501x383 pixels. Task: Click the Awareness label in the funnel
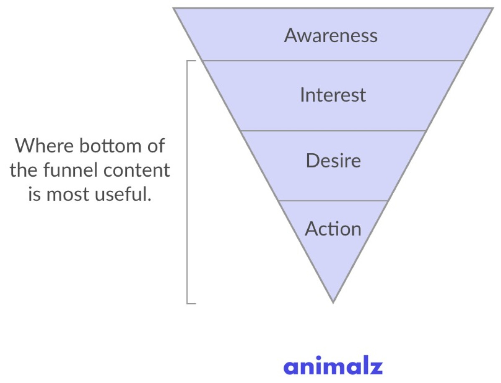(331, 36)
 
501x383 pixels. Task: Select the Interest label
(333, 95)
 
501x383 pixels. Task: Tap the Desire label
(333, 161)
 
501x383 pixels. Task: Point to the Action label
(333, 229)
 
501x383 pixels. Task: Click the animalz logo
(333, 366)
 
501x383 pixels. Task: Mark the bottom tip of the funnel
(333, 302)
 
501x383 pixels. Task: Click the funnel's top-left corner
(174, 8)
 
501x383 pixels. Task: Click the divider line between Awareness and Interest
(333, 61)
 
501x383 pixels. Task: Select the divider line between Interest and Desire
(333, 131)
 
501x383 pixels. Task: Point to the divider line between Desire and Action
(333, 200)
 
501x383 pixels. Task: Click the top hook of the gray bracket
(191, 61)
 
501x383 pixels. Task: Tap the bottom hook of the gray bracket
(191, 303)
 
